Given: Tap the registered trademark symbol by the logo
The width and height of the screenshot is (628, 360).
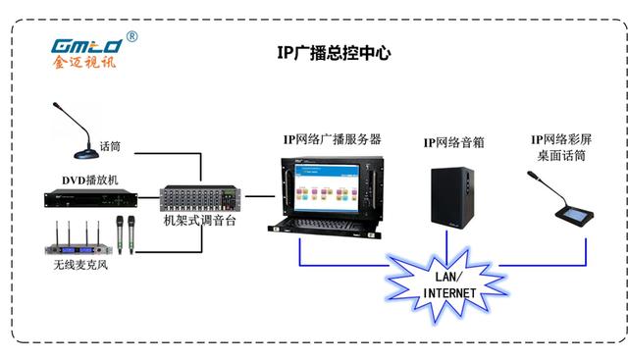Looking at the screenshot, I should pyautogui.click(x=131, y=37).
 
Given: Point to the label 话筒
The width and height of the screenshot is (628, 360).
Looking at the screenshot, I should pyautogui.click(x=111, y=147).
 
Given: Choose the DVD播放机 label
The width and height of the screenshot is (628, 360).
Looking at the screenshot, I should pyautogui.click(x=90, y=180).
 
